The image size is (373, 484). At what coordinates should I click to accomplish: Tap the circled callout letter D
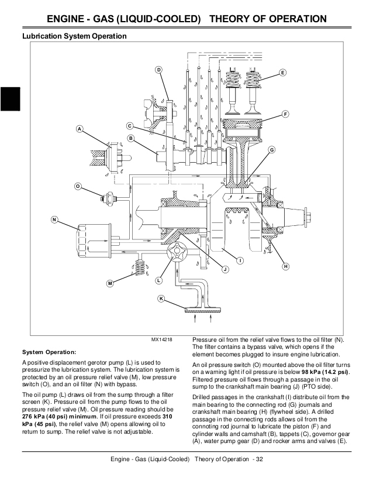coord(158,70)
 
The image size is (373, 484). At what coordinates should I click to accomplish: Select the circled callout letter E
coord(282,73)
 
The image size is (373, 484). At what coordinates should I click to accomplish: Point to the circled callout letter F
coord(285,113)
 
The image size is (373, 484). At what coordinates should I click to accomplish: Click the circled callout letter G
coord(272,150)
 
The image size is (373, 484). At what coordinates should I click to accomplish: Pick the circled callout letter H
coord(286,266)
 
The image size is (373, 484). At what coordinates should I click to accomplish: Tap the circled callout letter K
coord(161,299)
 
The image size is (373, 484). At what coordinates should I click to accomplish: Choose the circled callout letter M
coord(109,283)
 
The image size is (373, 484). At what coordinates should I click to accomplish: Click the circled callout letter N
coord(54,220)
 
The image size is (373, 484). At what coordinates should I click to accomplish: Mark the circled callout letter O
coord(78,186)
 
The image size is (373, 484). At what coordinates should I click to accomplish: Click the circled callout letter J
coord(225,269)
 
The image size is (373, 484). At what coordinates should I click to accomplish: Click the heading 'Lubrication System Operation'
coord(74,36)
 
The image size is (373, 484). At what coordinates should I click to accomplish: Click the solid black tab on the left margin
coord(11,98)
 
